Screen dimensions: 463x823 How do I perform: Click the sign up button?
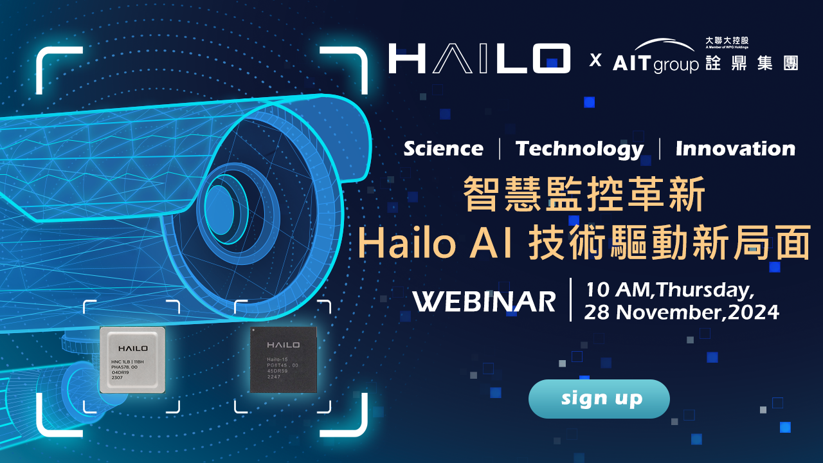[x=599, y=399]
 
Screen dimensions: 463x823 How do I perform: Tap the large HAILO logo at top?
[x=479, y=59]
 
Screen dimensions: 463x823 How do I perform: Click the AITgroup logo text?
[x=655, y=64]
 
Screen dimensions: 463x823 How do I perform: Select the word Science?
[x=443, y=149]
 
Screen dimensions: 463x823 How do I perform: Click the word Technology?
[x=579, y=149]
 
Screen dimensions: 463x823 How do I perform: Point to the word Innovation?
[x=735, y=149]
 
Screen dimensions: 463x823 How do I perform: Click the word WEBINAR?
[x=484, y=301]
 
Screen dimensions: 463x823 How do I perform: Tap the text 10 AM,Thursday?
[x=669, y=290]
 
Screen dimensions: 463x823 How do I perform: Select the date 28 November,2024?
[x=681, y=313]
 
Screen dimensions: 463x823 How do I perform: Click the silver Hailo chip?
[x=132, y=359]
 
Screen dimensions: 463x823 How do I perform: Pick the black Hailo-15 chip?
[x=283, y=359]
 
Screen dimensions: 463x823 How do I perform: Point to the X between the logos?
[x=595, y=61]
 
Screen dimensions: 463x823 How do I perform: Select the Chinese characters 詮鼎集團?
[x=751, y=63]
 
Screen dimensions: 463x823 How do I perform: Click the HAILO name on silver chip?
[x=132, y=348]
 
